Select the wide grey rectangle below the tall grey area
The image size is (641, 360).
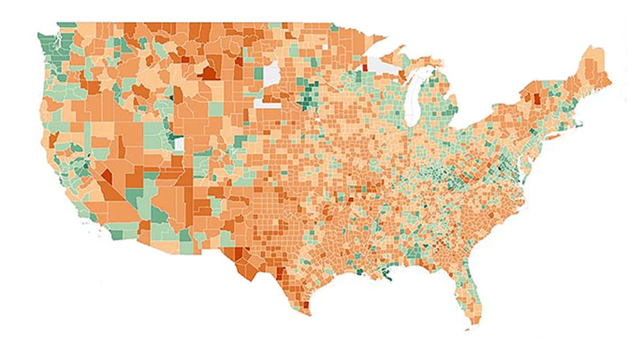click(268, 103)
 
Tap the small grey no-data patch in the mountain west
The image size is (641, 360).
click(179, 144)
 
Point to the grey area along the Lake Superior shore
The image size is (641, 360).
click(382, 66)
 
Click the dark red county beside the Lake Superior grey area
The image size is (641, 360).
click(365, 68)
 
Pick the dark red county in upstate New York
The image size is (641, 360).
click(536, 99)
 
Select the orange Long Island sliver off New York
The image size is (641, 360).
click(556, 138)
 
